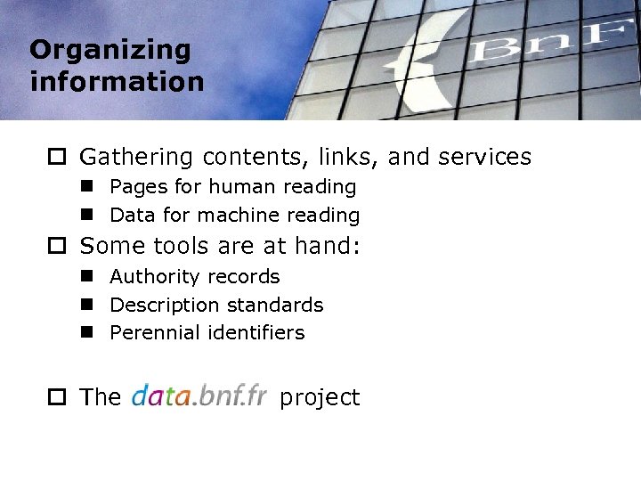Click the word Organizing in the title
pyautogui.click(x=110, y=51)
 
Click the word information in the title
pyautogui.click(x=117, y=82)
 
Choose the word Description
pyautogui.click(x=160, y=306)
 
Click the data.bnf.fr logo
pyautogui.click(x=199, y=396)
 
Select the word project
pyautogui.click(x=320, y=398)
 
